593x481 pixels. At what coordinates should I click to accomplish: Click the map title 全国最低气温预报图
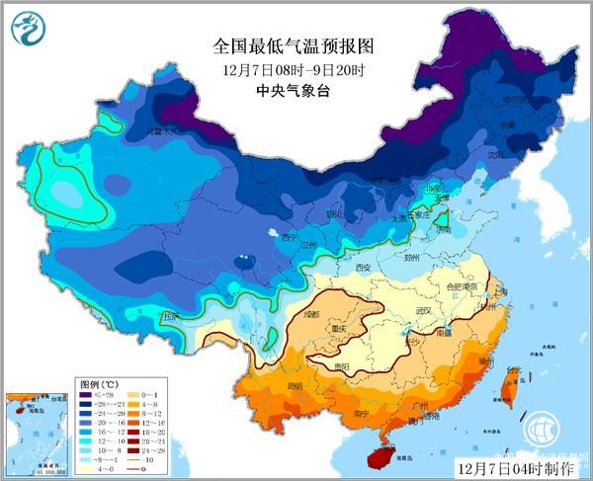point(296,45)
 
